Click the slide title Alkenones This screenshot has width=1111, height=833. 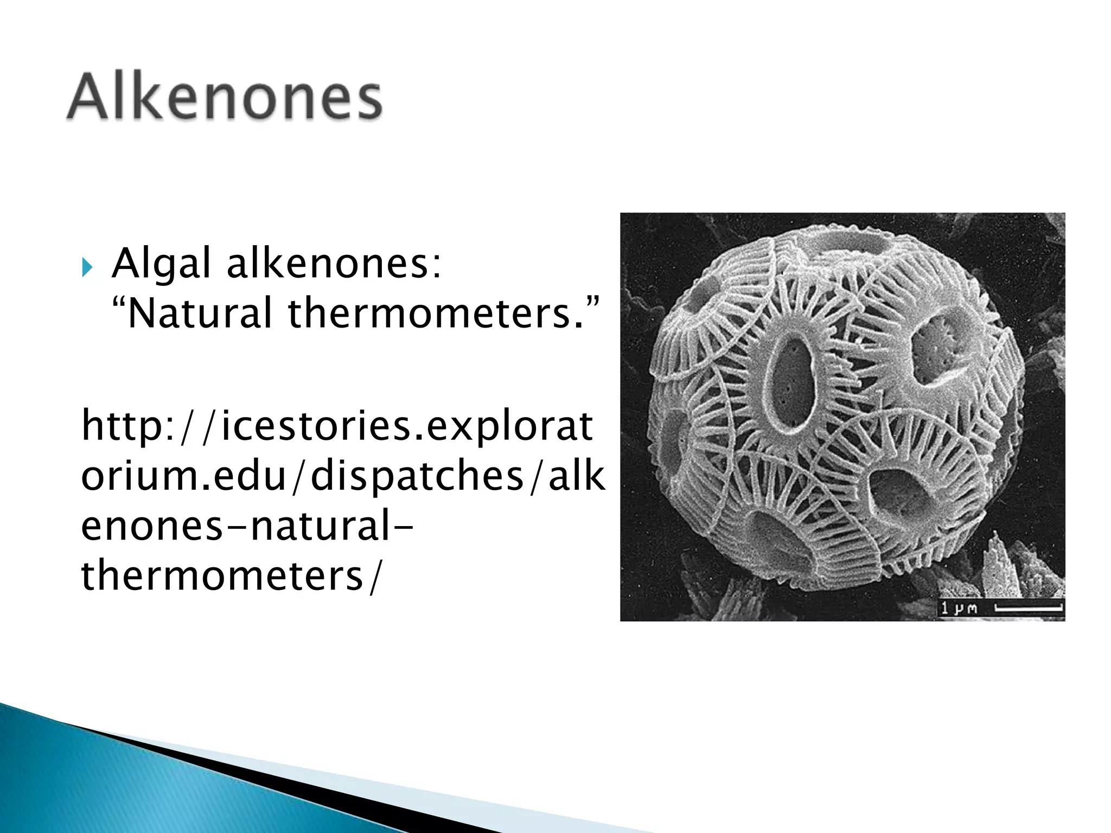(225, 98)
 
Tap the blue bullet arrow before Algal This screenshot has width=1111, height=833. (87, 267)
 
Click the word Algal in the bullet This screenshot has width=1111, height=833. (161, 264)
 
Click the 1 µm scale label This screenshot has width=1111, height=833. (959, 608)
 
